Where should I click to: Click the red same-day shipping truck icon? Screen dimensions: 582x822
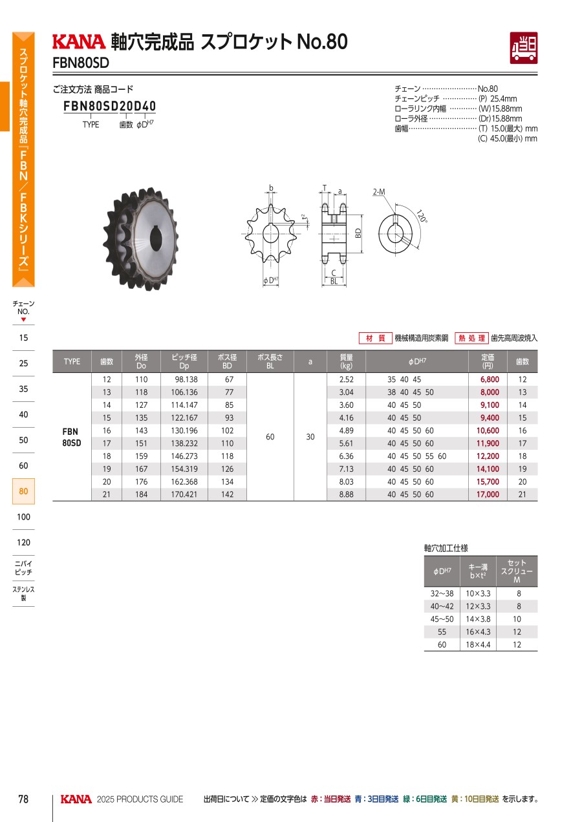pos(523,48)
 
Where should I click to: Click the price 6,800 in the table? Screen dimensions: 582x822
pos(490,379)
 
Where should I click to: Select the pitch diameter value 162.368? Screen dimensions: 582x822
pos(184,481)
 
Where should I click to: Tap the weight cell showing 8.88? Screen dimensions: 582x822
pos(346,494)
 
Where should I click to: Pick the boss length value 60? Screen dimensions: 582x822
pos(270,437)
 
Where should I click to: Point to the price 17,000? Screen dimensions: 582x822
pos(488,494)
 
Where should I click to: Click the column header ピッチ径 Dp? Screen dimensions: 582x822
pos(184,361)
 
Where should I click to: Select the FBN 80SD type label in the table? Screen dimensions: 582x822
pos(72,437)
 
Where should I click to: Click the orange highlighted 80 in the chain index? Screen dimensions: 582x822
pos(23,491)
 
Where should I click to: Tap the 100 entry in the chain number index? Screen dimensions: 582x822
pos(23,517)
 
